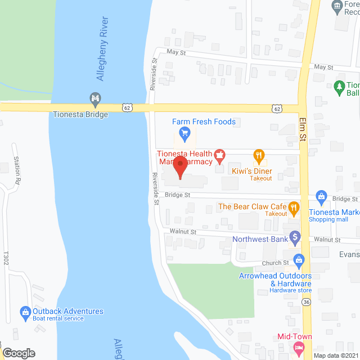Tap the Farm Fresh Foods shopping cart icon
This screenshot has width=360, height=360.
click(x=183, y=133)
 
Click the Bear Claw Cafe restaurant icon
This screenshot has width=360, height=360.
click(x=294, y=208)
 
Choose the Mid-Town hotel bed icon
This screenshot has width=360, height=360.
click(x=296, y=348)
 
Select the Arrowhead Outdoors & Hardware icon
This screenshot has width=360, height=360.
click(x=299, y=259)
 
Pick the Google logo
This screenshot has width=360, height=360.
click(x=18, y=353)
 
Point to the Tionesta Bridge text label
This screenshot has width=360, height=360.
click(x=80, y=114)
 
